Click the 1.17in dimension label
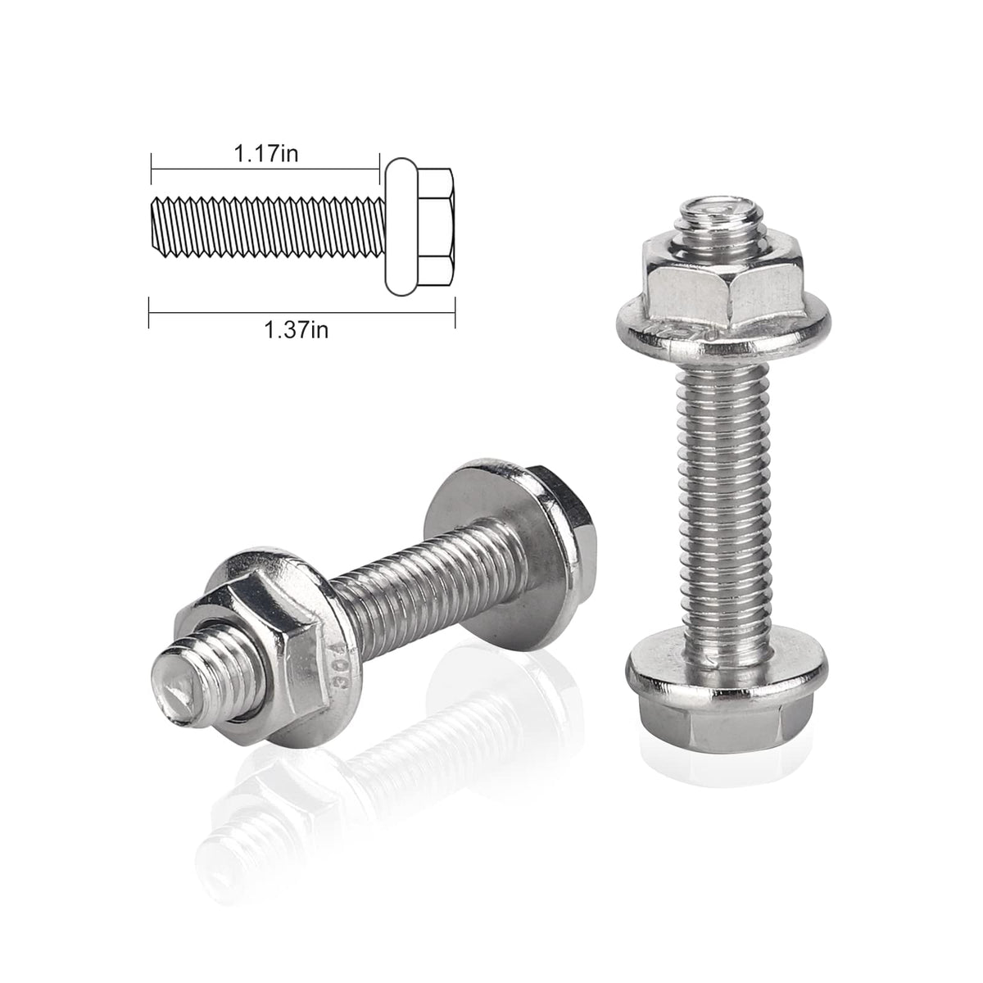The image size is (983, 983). (x=265, y=153)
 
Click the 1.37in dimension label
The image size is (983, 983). (x=296, y=330)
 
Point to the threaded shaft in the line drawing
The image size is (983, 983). (x=269, y=227)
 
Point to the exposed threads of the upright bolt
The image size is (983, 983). (x=721, y=510)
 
